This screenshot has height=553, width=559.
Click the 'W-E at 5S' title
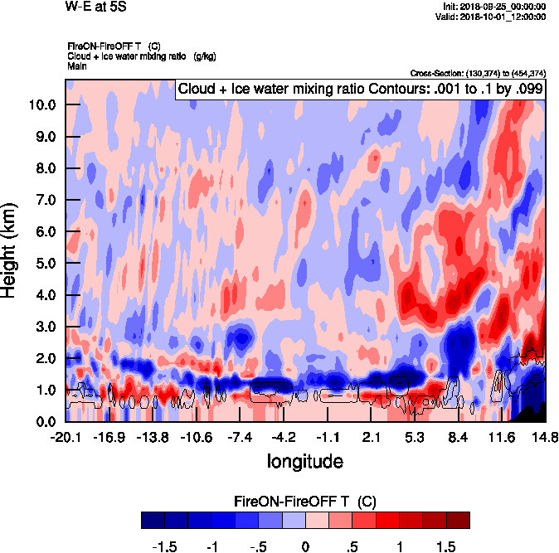pyautogui.click(x=95, y=6)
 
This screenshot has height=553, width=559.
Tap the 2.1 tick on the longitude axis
pyautogui.click(x=372, y=437)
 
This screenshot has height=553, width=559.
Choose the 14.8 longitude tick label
pyautogui.click(x=544, y=437)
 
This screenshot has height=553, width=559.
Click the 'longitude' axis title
pyautogui.click(x=304, y=460)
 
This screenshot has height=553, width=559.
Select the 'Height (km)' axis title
pyautogui.click(x=11, y=250)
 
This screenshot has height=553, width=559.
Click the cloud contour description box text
pyautogui.click(x=360, y=88)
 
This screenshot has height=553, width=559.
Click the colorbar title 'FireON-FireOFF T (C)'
pyautogui.click(x=304, y=502)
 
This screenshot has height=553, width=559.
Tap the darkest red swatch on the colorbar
pyautogui.click(x=458, y=520)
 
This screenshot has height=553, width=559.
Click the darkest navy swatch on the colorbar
pyautogui.click(x=153, y=520)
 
